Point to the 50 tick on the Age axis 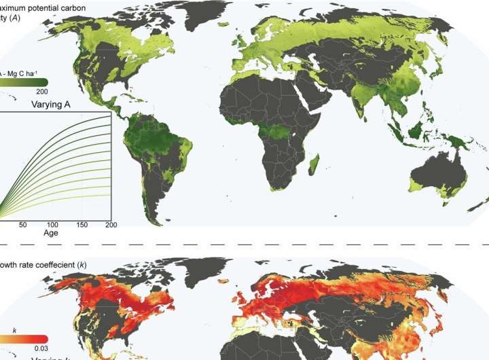pos(23,225)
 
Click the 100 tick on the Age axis pos(52,225)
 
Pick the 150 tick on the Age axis pos(81,225)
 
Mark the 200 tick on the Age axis pos(111,225)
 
